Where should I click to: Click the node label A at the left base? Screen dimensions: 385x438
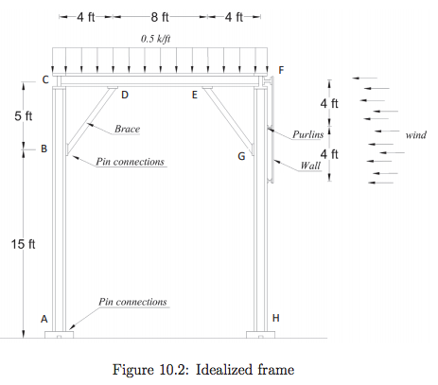44,319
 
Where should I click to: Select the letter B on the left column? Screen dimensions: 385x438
44,149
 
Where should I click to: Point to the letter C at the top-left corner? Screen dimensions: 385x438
45,80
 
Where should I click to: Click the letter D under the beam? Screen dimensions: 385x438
124,95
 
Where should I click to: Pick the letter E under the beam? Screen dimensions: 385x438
195,95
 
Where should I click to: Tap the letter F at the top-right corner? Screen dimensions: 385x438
279,71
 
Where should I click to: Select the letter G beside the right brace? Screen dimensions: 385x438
241,155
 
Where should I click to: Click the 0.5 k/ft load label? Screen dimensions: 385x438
158,39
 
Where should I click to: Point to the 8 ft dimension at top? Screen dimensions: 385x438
160,16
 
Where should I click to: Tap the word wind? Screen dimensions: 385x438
416,135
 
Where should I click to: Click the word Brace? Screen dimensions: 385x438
128,128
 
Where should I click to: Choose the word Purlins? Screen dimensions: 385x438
308,135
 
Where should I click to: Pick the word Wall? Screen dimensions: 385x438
309,166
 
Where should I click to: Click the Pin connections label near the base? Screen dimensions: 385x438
132,302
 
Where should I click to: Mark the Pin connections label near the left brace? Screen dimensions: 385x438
131,162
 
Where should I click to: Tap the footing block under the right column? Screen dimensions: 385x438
261,334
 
